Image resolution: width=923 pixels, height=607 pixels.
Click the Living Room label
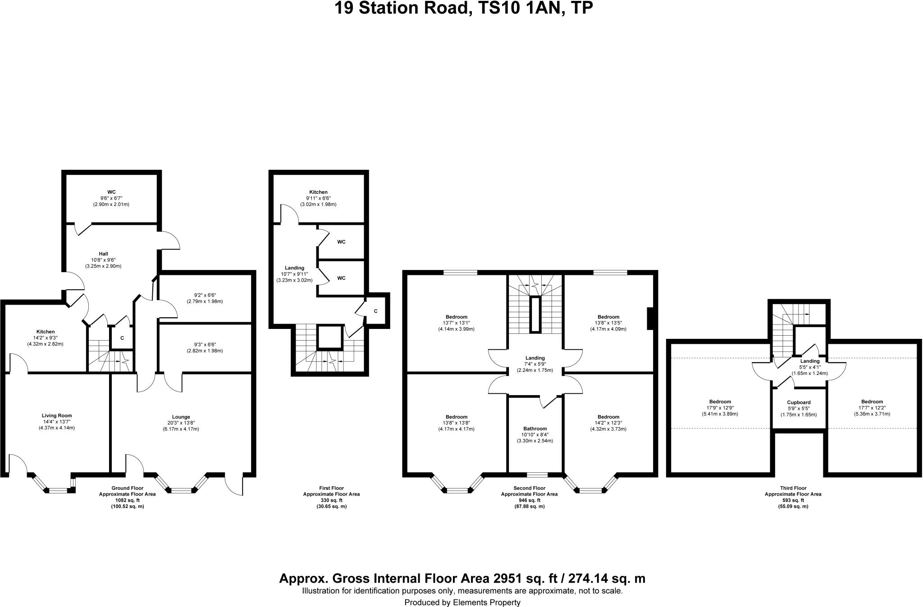point(57,415)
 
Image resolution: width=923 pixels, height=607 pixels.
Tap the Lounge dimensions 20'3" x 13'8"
point(181,423)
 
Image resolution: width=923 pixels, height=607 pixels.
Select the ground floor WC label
point(111,192)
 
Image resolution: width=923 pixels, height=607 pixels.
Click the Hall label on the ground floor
point(103,254)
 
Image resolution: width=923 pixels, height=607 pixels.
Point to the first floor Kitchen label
point(318,192)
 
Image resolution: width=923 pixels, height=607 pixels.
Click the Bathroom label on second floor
point(535,429)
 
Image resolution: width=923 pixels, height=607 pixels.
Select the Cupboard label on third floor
point(799,402)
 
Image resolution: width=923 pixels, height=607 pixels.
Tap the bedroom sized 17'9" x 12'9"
point(720,408)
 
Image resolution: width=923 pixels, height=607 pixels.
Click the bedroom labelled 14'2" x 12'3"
point(608,423)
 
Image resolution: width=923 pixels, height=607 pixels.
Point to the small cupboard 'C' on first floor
point(375,311)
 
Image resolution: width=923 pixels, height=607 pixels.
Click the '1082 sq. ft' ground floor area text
point(128,500)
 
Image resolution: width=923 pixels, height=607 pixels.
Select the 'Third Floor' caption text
point(793,488)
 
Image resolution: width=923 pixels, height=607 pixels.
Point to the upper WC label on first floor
point(341,242)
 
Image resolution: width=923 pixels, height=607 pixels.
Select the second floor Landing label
point(535,358)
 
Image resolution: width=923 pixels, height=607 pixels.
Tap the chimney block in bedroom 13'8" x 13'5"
point(650,319)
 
